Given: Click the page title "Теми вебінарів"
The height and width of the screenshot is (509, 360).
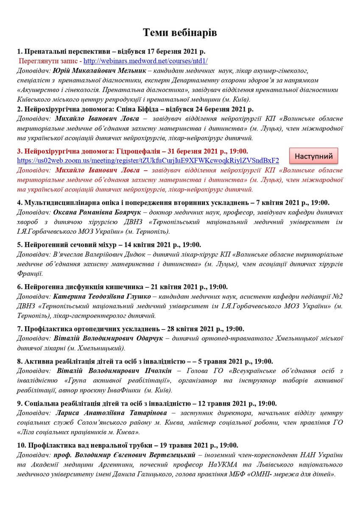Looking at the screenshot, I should [x=180, y=32].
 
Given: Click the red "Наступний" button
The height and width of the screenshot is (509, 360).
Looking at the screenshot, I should [x=314, y=156].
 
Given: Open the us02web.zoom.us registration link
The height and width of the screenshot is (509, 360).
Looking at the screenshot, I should [x=148, y=160].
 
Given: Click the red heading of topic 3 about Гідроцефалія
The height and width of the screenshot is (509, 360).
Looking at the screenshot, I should [x=132, y=151].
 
